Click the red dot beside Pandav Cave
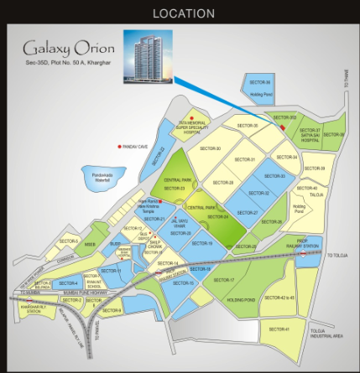click(x=121, y=146)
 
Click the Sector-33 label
click(x=276, y=176)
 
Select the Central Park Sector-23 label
click(x=174, y=184)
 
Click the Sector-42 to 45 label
click(x=279, y=298)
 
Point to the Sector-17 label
click(x=236, y=279)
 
